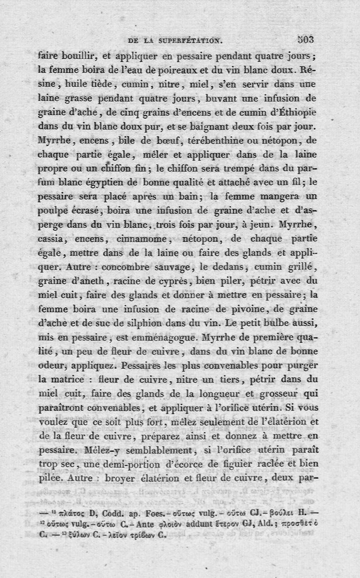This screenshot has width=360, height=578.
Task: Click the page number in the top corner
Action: coord(305,39)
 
